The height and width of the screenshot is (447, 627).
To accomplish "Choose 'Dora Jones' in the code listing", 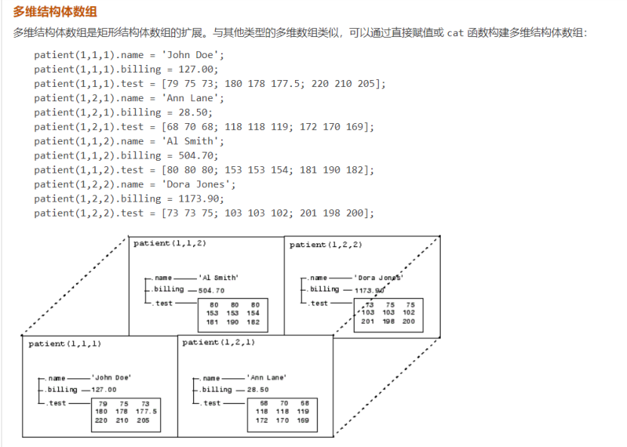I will point(198,184).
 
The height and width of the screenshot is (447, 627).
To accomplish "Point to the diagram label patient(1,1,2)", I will point(170,243).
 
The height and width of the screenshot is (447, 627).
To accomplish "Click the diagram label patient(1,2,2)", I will point(326,245).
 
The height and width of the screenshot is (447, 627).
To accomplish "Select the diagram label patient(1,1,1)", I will point(65,344).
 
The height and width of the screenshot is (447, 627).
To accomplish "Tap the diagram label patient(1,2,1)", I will point(218,343).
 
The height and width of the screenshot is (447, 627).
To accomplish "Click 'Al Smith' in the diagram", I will point(218,278).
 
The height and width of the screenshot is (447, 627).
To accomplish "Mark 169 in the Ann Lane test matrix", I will point(303,420).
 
